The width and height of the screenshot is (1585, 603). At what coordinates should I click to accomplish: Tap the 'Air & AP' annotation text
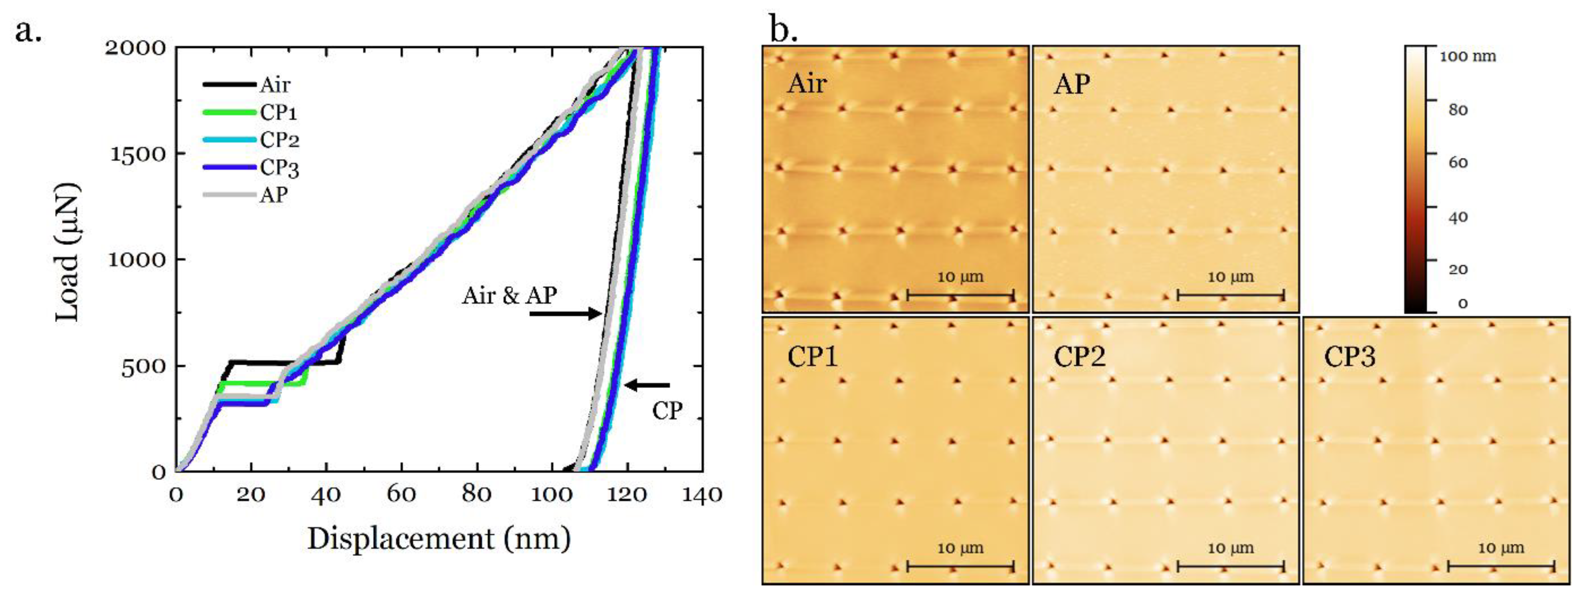(x=509, y=296)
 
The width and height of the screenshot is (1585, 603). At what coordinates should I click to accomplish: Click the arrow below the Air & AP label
(x=565, y=314)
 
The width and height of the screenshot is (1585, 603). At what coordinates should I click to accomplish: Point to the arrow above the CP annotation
(x=648, y=386)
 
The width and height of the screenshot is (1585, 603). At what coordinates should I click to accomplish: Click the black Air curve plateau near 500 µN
(x=283, y=362)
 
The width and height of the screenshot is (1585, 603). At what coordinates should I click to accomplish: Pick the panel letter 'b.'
(x=783, y=30)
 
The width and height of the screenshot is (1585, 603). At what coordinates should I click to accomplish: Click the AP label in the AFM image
(x=1072, y=83)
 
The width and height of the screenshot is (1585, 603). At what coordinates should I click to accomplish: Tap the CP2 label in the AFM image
(x=1079, y=356)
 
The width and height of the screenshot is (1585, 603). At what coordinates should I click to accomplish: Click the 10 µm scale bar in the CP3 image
(x=1501, y=565)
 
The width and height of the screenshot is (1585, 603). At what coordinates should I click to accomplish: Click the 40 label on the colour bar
(x=1458, y=217)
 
